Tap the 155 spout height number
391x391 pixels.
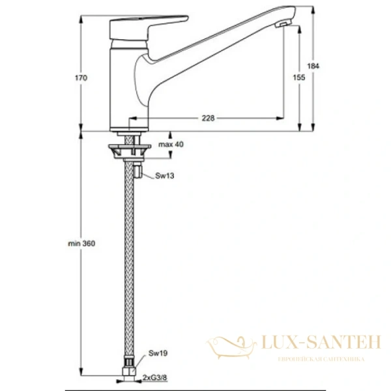click(298, 78)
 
